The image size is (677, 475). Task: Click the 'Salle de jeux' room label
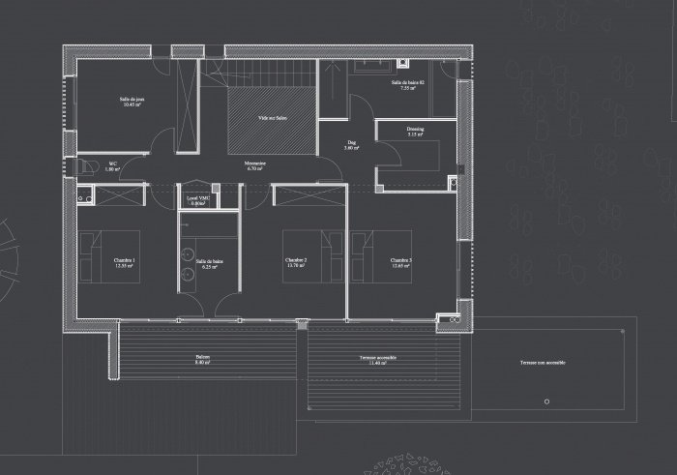point(132,99)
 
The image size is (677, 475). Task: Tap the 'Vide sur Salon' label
point(272,119)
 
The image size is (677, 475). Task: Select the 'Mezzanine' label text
point(255,163)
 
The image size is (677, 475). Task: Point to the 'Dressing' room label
point(415,129)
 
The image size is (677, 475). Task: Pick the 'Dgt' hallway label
point(351,143)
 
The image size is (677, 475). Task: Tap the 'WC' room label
point(112,164)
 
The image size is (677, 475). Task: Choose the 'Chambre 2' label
point(296,260)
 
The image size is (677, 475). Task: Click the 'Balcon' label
point(202,357)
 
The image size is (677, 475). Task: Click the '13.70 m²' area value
point(296,266)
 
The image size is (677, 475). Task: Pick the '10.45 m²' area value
point(132,104)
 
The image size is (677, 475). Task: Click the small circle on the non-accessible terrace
point(546,401)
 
